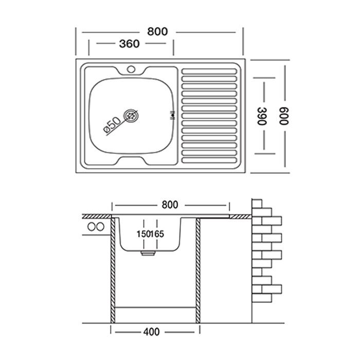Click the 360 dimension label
click(129, 44)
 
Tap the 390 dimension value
click(261, 116)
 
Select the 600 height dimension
click(283, 116)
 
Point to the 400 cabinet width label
click(151, 332)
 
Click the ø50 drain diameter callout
click(112, 125)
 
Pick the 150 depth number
click(143, 234)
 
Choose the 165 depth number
click(157, 234)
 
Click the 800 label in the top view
click(157, 31)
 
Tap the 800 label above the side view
click(170, 205)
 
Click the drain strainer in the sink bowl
click(131, 116)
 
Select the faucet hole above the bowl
click(131, 69)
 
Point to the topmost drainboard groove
click(209, 71)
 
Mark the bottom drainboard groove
click(209, 160)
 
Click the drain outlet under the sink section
click(148, 253)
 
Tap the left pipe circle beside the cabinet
click(92, 227)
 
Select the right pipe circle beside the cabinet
click(100, 227)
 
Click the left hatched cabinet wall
click(113, 271)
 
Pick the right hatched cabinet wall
click(197, 271)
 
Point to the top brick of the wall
click(257, 204)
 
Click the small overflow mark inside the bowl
click(172, 115)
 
